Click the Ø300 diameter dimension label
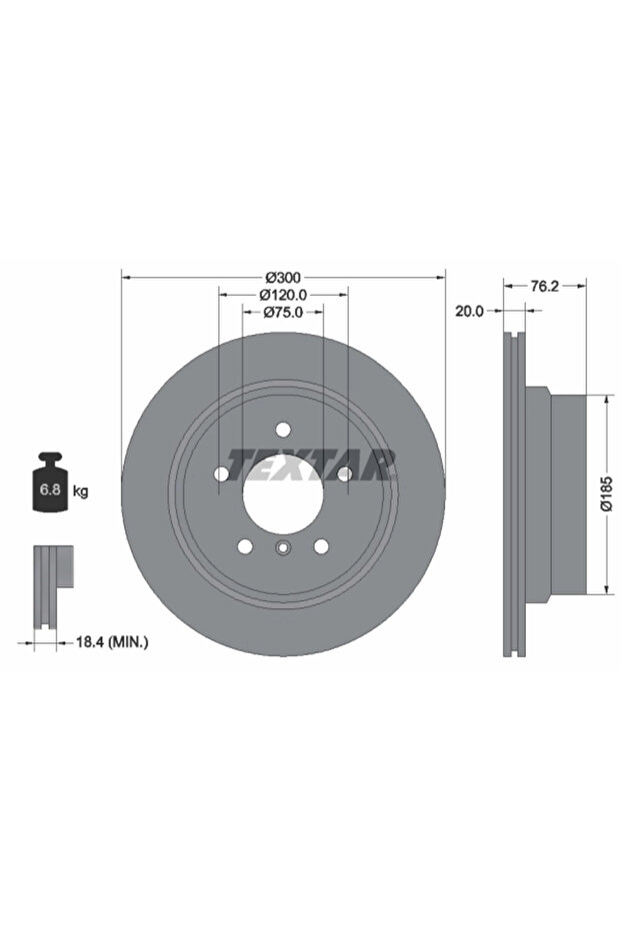click(283, 277)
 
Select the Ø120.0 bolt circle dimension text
click(283, 294)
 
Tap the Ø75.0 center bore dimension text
click(283, 312)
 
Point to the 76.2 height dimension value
click(544, 286)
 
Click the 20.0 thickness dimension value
click(470, 311)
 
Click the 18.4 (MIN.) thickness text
click(112, 641)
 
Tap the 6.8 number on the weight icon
click(49, 489)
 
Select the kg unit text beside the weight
click(80, 491)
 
